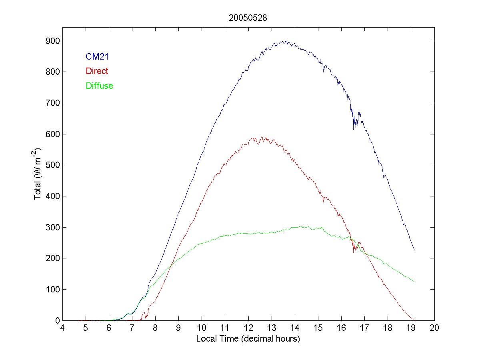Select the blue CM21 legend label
(x=97, y=57)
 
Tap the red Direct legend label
(x=97, y=71)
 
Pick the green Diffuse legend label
(x=99, y=86)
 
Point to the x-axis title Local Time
(x=248, y=339)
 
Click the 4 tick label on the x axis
(x=62, y=328)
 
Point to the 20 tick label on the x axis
(x=434, y=328)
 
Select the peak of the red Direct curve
(x=261, y=137)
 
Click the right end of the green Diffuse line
(x=414, y=282)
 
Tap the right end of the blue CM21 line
(x=414, y=250)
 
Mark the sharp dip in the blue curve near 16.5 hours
(x=354, y=129)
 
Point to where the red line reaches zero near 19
(x=412, y=319)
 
